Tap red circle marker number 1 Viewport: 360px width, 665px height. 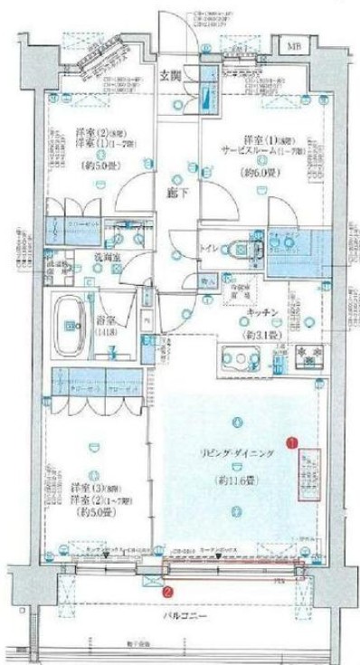coord(290,442)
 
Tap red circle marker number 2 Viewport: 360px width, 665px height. coord(166,593)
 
